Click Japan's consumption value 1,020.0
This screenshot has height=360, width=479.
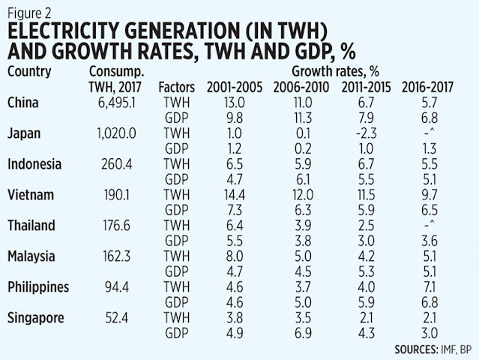point(120,132)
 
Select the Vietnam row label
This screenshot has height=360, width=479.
point(28,194)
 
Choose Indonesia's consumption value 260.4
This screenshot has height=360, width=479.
point(123,163)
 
